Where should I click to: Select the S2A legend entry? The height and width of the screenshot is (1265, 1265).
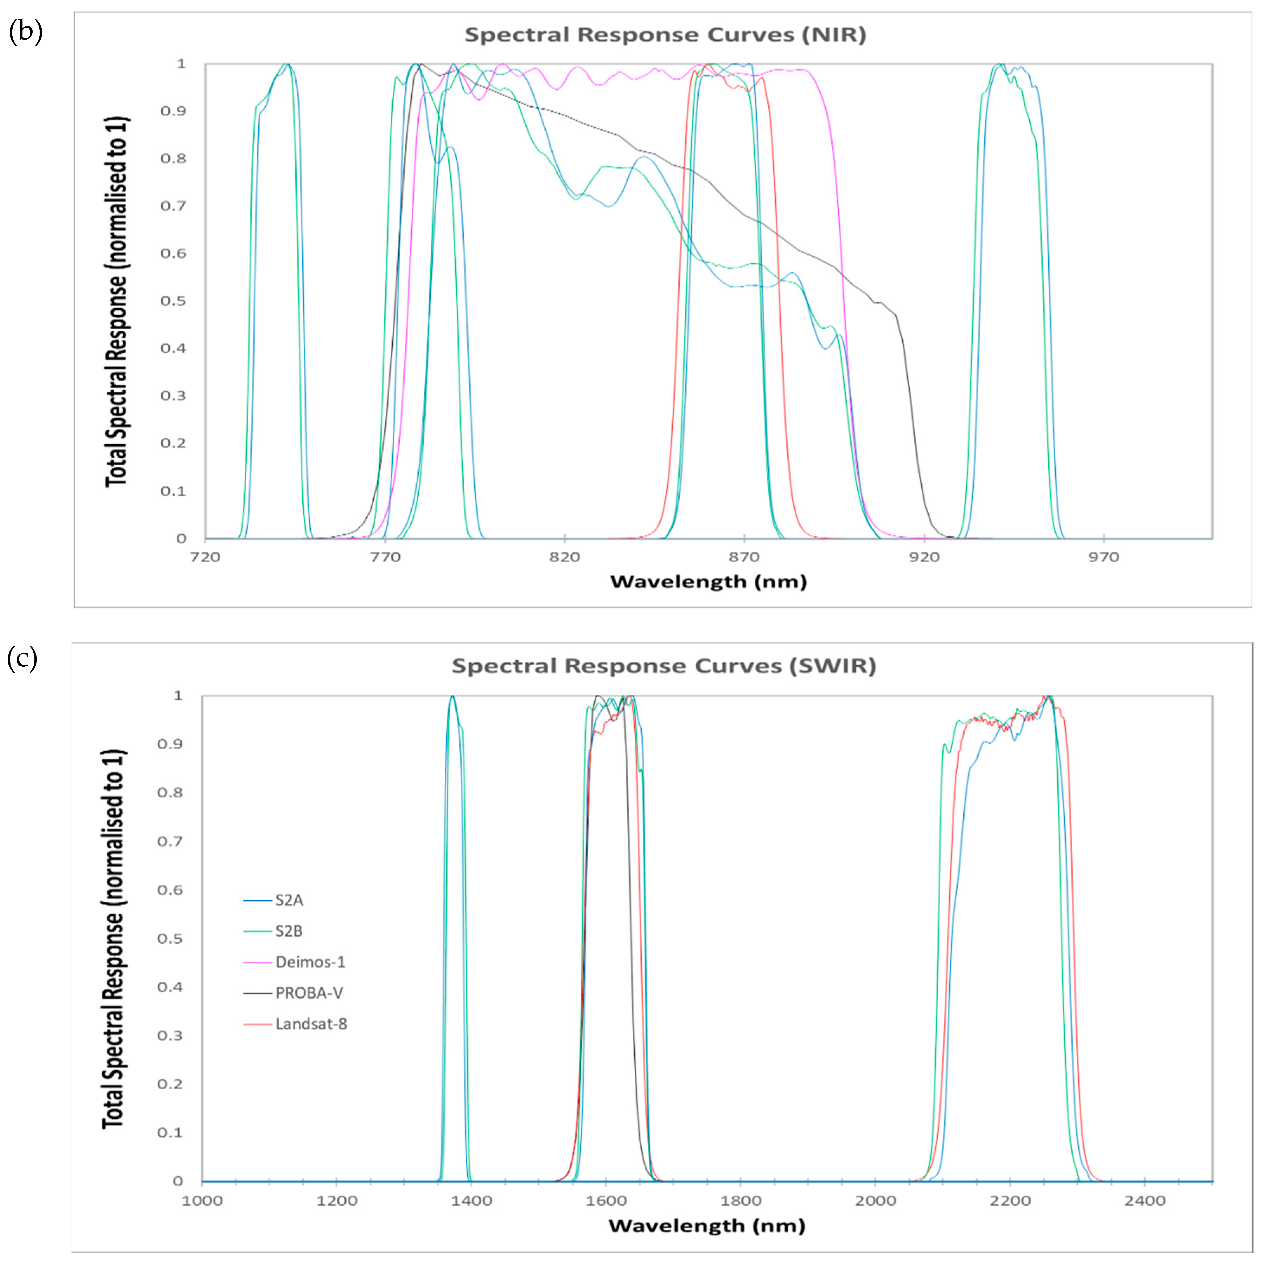coord(289,900)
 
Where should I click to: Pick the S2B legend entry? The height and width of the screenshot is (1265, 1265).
coord(288,931)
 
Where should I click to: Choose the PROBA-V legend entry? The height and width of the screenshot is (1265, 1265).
coord(309,993)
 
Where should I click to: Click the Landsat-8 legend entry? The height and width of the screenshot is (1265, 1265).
coord(311,1024)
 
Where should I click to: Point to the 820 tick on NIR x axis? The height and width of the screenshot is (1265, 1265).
coord(564,557)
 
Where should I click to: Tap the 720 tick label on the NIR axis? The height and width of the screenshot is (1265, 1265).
coord(205,557)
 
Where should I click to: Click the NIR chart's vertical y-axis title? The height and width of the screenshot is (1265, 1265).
coord(116,301)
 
